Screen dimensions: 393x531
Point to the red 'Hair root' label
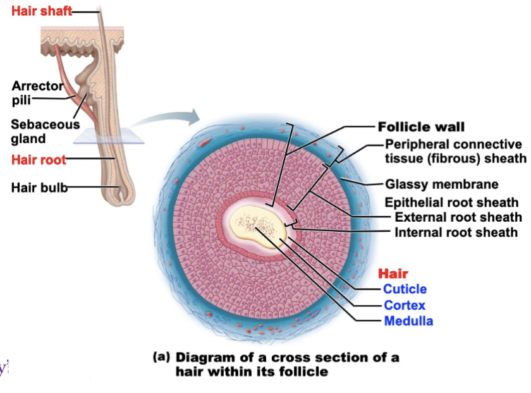(39, 159)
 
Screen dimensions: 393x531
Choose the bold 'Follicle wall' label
(421, 126)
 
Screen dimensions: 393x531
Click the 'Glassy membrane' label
(442, 184)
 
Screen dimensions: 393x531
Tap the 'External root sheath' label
(458, 217)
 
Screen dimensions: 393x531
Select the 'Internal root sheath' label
(456, 233)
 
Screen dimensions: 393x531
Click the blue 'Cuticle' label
(405, 289)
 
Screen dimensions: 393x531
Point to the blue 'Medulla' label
(408, 321)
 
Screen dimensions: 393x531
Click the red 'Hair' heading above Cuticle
(393, 274)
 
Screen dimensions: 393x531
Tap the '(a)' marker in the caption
(162, 356)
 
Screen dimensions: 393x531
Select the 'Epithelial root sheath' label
(452, 203)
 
